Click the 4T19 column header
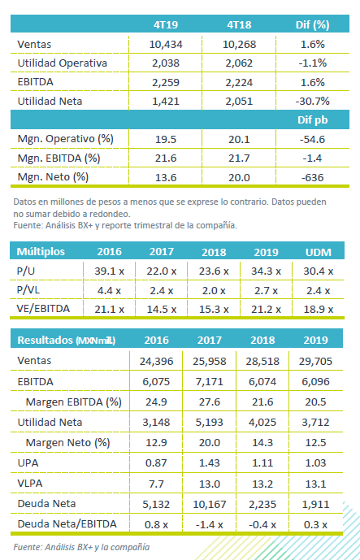(166, 24)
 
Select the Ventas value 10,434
(166, 44)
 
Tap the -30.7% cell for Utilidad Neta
(313, 101)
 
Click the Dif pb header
(313, 120)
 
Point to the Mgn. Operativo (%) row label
(65, 138)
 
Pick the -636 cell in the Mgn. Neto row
(313, 177)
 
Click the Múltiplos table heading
(41, 251)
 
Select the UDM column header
(319, 252)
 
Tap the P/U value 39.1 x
(109, 271)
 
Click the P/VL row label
(28, 290)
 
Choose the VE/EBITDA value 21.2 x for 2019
(266, 310)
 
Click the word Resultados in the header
(45, 340)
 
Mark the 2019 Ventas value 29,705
(315, 361)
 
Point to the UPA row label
(28, 462)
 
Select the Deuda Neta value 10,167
(210, 504)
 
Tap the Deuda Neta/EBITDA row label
(67, 524)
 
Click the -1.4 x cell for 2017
(210, 524)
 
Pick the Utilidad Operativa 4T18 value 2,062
(239, 63)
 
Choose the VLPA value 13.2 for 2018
(262, 484)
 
